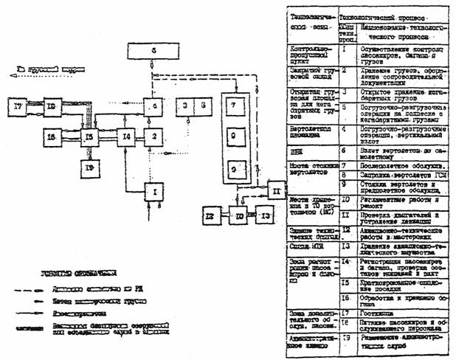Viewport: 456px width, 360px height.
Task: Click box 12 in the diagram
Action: point(209,216)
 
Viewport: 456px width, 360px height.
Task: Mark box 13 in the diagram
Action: point(266,216)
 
